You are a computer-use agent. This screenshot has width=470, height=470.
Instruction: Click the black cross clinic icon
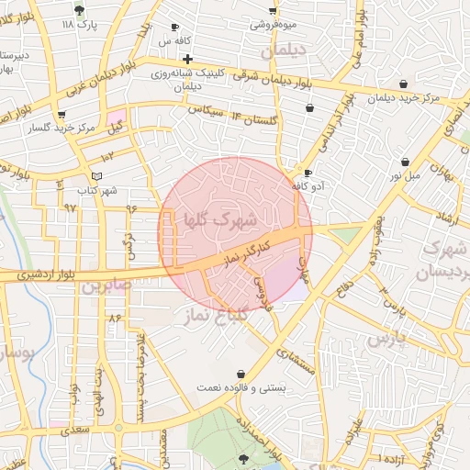coord(187,59)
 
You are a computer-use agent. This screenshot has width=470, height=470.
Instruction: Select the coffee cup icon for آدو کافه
coord(308,173)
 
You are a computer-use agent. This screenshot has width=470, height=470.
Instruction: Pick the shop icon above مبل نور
coord(406,161)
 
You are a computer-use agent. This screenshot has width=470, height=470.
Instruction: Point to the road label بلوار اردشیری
coord(38,274)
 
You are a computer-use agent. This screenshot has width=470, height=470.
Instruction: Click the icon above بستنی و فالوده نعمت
coord(241,375)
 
